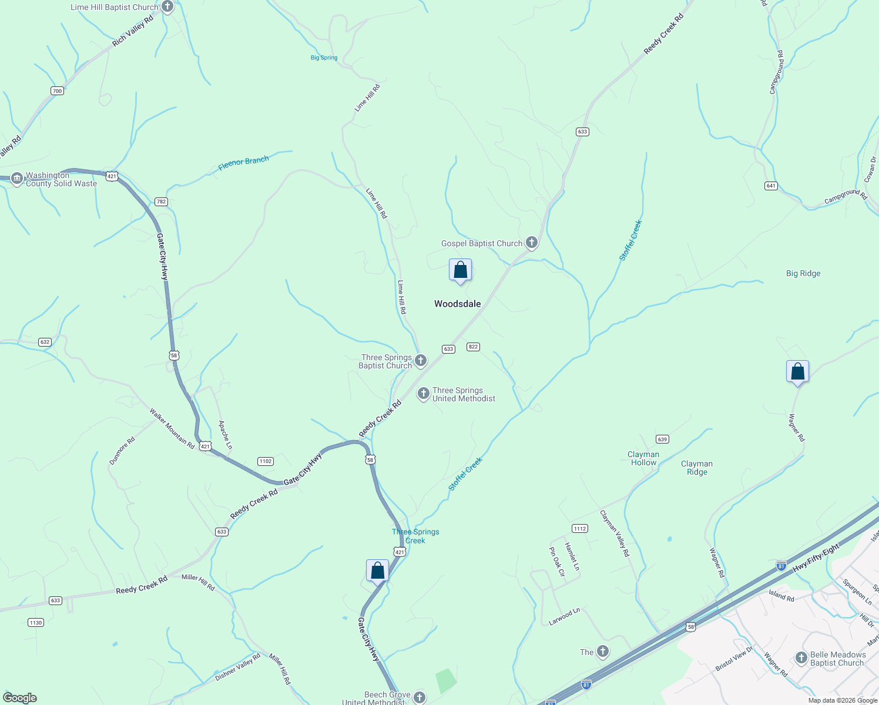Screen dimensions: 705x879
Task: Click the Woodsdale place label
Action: pos(457,304)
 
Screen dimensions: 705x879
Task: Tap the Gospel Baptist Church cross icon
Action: pos(531,243)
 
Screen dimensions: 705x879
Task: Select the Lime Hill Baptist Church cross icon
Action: pos(167,7)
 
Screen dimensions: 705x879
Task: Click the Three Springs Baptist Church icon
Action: pos(421,360)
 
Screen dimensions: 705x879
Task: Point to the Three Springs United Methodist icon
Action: pos(423,394)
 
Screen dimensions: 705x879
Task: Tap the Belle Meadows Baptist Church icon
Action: pos(801,658)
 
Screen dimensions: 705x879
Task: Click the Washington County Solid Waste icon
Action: pos(16,179)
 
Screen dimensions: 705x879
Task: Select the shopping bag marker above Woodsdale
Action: pos(460,271)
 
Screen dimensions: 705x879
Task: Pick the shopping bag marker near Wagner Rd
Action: pos(797,372)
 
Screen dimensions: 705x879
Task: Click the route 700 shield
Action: pos(57,90)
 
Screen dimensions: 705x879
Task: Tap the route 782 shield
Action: pos(161,202)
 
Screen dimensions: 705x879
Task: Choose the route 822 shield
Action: pos(473,347)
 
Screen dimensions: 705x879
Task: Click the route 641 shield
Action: pos(771,186)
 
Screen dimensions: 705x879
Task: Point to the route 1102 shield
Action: pos(265,461)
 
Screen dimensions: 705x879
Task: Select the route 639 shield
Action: pos(662,439)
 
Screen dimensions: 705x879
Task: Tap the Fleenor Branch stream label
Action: pos(243,163)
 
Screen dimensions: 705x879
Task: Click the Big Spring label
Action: pos(324,58)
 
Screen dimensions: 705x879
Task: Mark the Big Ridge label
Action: pos(803,273)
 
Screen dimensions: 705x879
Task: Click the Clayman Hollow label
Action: pos(643,458)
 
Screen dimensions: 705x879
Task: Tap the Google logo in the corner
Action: pos(21,698)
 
